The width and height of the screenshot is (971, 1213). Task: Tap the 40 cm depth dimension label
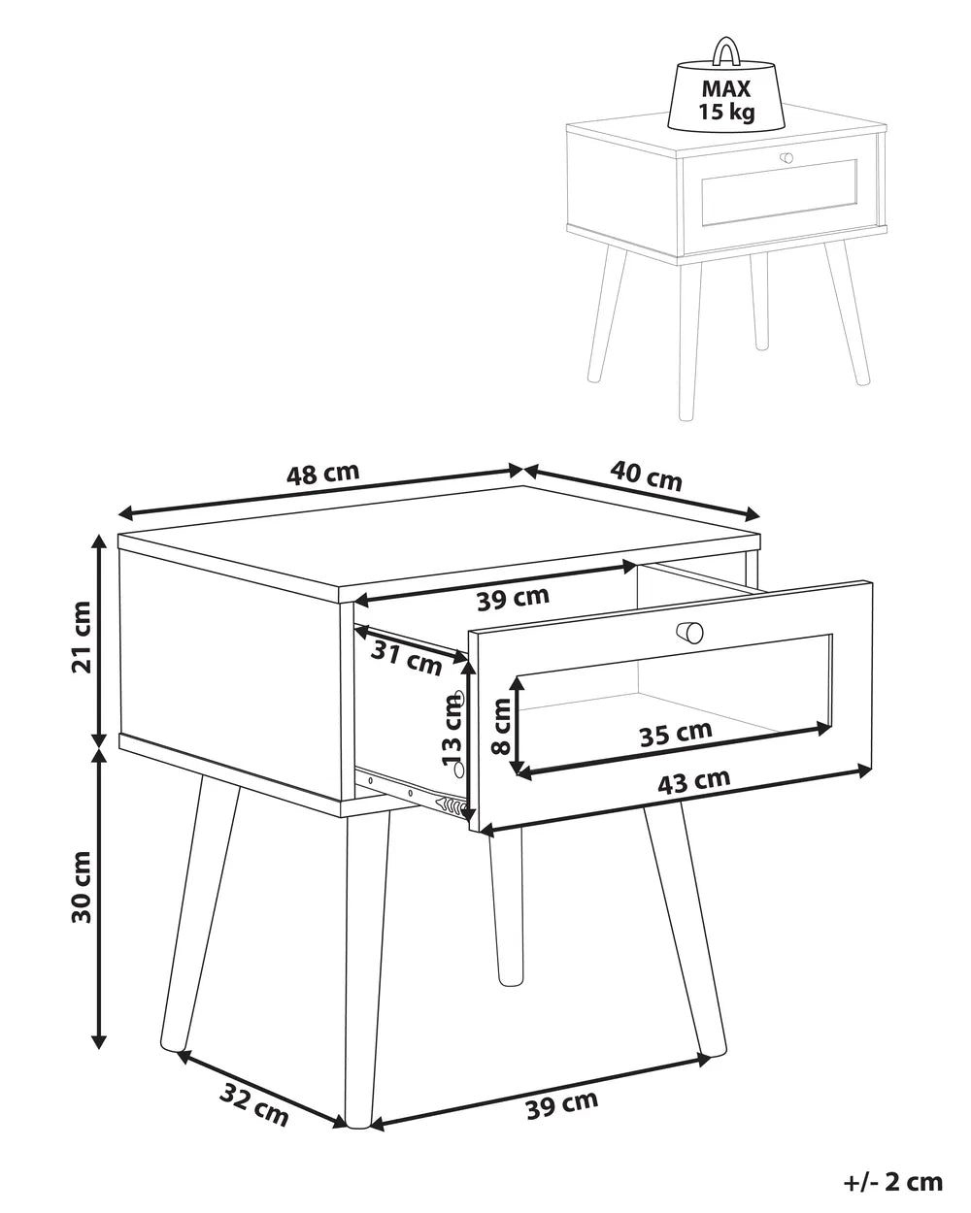tap(646, 475)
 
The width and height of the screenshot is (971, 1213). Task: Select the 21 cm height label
tap(82, 637)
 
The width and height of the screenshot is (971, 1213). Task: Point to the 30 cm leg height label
tap(82, 887)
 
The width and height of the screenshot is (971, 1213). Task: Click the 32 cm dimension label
tap(253, 1112)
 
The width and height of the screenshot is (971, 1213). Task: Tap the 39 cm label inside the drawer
tap(513, 598)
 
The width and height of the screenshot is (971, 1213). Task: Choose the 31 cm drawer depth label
tap(406, 659)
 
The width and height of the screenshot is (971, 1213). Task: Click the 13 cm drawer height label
tap(452, 730)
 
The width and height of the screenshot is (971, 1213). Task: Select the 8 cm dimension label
tap(501, 726)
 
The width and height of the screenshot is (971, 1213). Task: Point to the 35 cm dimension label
tap(676, 734)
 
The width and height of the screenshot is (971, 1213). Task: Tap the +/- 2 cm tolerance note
tap(892, 1178)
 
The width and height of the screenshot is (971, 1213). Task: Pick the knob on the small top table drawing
tap(787, 158)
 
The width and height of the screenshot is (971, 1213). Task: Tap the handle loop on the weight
tap(726, 50)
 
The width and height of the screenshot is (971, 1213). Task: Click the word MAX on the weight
tap(726, 88)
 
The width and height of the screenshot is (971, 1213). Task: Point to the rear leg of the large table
tap(506, 907)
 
